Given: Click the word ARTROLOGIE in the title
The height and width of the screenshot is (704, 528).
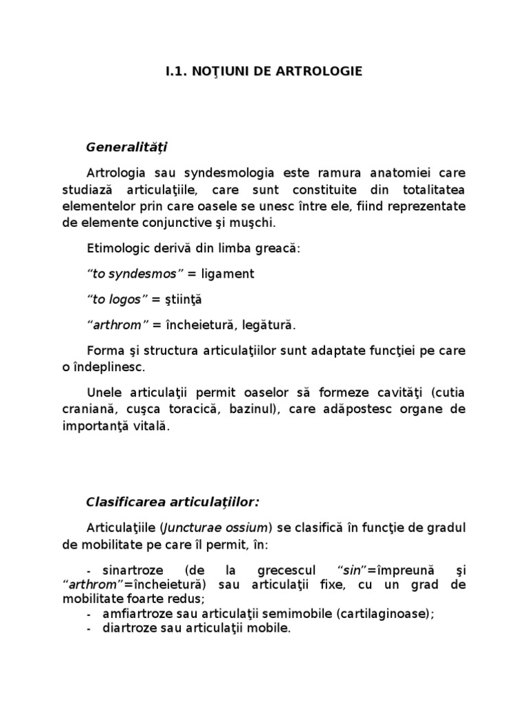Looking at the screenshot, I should coord(324,71).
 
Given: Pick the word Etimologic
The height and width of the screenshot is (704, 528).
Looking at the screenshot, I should coord(120,248).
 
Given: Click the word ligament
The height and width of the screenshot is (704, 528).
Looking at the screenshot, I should coord(228,274).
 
